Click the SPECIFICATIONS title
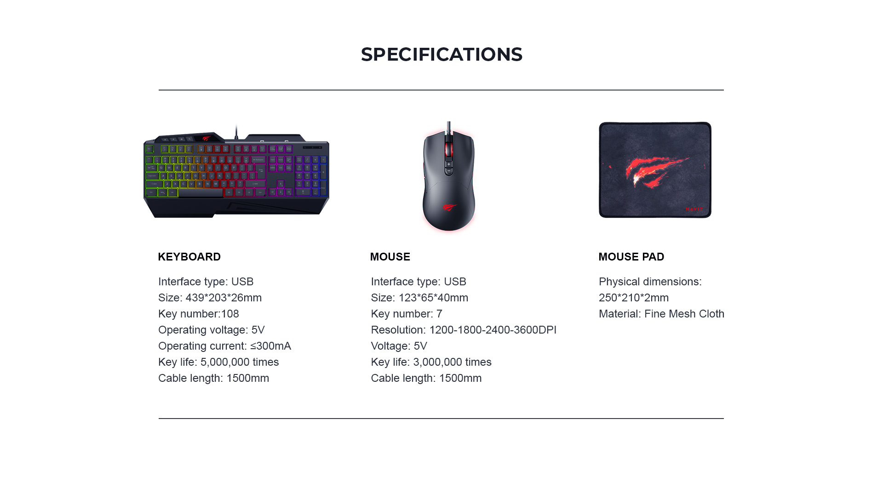[x=441, y=54]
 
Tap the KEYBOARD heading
[x=189, y=257]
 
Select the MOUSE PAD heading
[x=631, y=257]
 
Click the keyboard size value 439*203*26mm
[x=224, y=298]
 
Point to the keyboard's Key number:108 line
[x=199, y=314]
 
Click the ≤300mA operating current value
[x=270, y=346]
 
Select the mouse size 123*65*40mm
[x=433, y=298]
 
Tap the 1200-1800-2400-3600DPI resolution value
[x=493, y=330]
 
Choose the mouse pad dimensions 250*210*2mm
[x=634, y=298]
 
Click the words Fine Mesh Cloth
[x=684, y=314]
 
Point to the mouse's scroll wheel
[x=449, y=149]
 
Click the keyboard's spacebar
[x=201, y=193]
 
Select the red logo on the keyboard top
[x=206, y=137]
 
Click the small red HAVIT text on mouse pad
[x=694, y=209]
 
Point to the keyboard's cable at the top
[x=236, y=132]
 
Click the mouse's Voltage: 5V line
[x=399, y=346]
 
